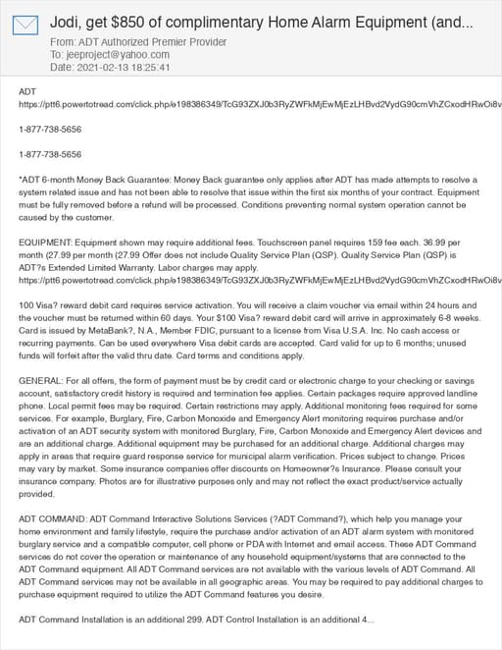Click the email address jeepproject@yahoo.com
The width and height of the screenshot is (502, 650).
tap(112, 55)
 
